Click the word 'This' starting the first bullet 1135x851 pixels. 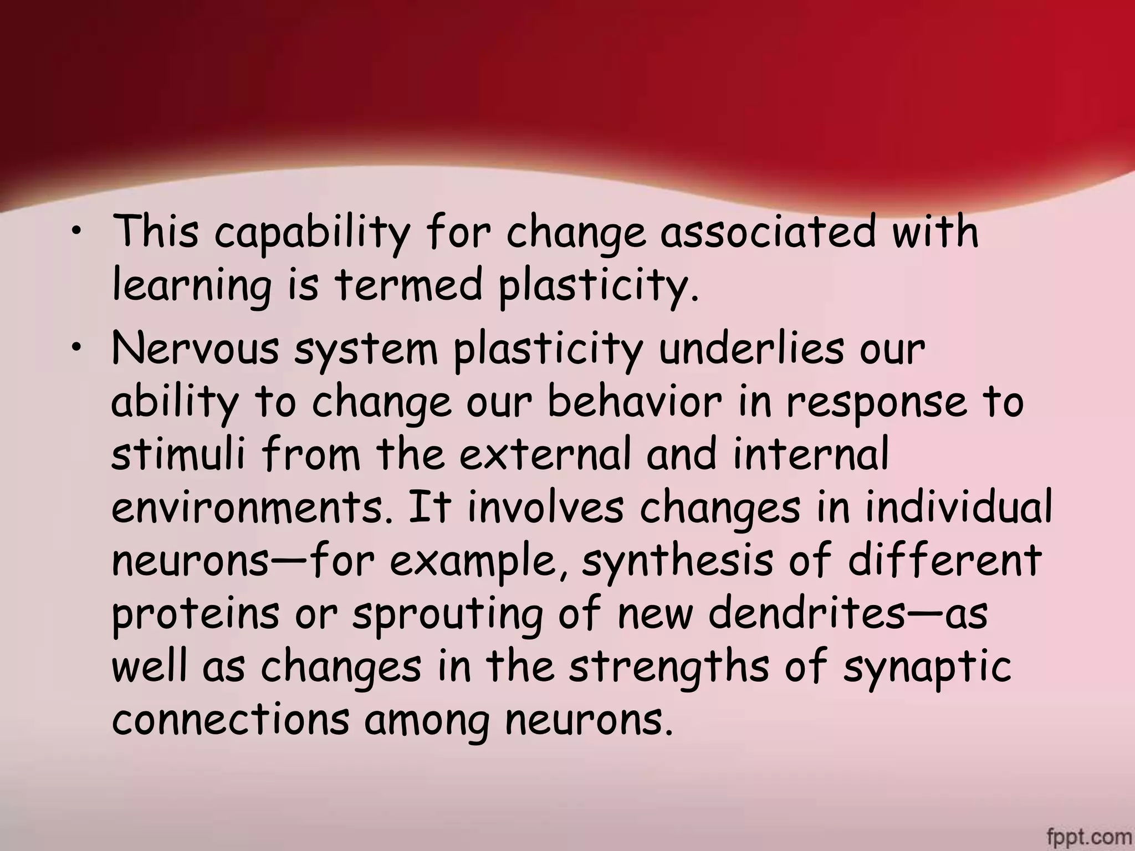[x=156, y=231]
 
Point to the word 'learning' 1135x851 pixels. [x=192, y=286]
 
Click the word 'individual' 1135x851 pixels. [x=959, y=506]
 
